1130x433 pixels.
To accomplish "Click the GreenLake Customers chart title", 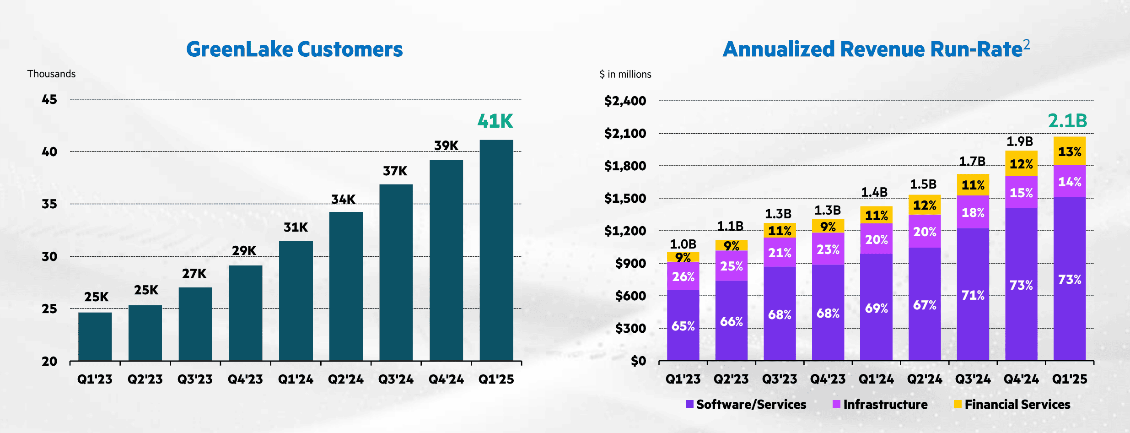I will (x=294, y=49).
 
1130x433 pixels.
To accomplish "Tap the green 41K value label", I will (x=495, y=121).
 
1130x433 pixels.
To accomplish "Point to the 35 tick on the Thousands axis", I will (x=49, y=204).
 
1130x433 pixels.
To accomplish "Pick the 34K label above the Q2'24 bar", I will (x=343, y=200).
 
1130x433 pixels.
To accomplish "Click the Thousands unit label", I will (x=51, y=74).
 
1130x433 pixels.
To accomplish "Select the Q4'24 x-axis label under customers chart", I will (x=446, y=379).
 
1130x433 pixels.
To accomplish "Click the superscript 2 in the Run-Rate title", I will (x=1027, y=44).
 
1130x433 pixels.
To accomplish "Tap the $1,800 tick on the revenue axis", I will (x=625, y=166).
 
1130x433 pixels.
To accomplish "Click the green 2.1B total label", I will (x=1067, y=121).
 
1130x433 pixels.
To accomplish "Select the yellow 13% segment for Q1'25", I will (x=1070, y=152).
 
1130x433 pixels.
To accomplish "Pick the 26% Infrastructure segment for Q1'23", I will (x=683, y=276).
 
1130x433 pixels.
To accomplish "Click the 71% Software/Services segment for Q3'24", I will (x=973, y=295).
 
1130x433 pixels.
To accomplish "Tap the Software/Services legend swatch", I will (x=689, y=404).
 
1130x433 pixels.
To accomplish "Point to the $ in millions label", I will (x=625, y=75).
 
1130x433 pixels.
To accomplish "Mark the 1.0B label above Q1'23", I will (x=683, y=244).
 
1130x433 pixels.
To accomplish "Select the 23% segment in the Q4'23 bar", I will (x=828, y=249).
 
